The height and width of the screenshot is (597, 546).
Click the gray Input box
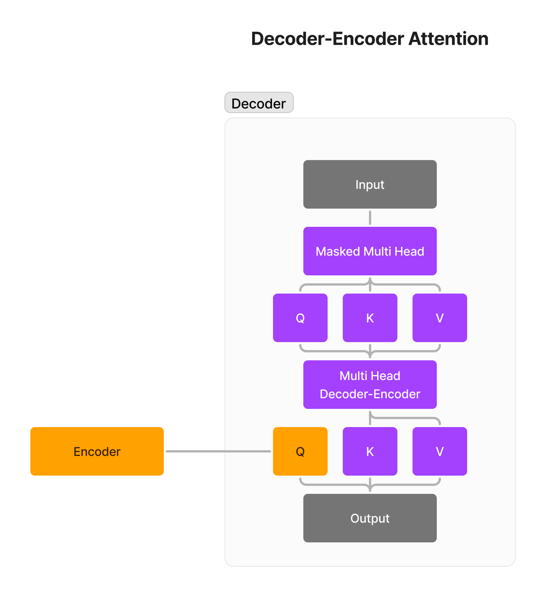(370, 184)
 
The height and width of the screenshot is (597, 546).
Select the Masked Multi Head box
(370, 251)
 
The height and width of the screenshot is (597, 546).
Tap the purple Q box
(300, 318)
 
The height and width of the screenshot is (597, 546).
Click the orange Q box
(300, 451)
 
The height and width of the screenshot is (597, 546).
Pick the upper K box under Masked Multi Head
(370, 318)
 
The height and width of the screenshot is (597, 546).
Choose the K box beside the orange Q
(370, 451)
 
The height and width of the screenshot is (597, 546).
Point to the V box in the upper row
(439, 318)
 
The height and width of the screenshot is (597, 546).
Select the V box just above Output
(439, 451)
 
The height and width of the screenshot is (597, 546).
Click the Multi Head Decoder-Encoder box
(370, 385)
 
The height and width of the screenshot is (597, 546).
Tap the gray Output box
(370, 518)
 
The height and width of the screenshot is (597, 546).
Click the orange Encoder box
(97, 451)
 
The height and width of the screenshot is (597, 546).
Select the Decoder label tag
(259, 103)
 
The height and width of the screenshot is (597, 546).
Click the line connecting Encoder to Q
(218, 451)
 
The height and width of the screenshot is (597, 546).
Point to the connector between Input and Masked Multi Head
(370, 218)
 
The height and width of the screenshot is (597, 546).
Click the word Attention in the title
(448, 39)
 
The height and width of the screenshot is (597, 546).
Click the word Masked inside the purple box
(337, 251)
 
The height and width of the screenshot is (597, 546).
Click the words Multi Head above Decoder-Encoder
(370, 376)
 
